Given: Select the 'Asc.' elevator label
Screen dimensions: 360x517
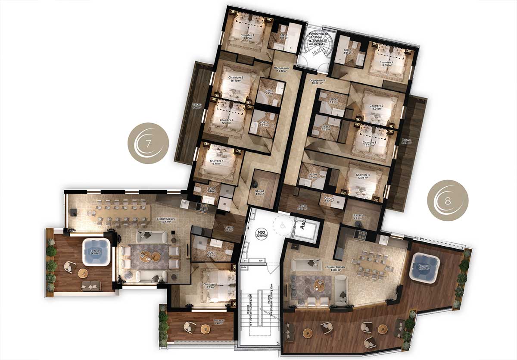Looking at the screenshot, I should click(x=304, y=227).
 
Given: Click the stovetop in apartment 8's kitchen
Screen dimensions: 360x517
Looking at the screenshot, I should click(x=359, y=235).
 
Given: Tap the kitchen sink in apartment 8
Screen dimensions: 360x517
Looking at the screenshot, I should click(x=383, y=238).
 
